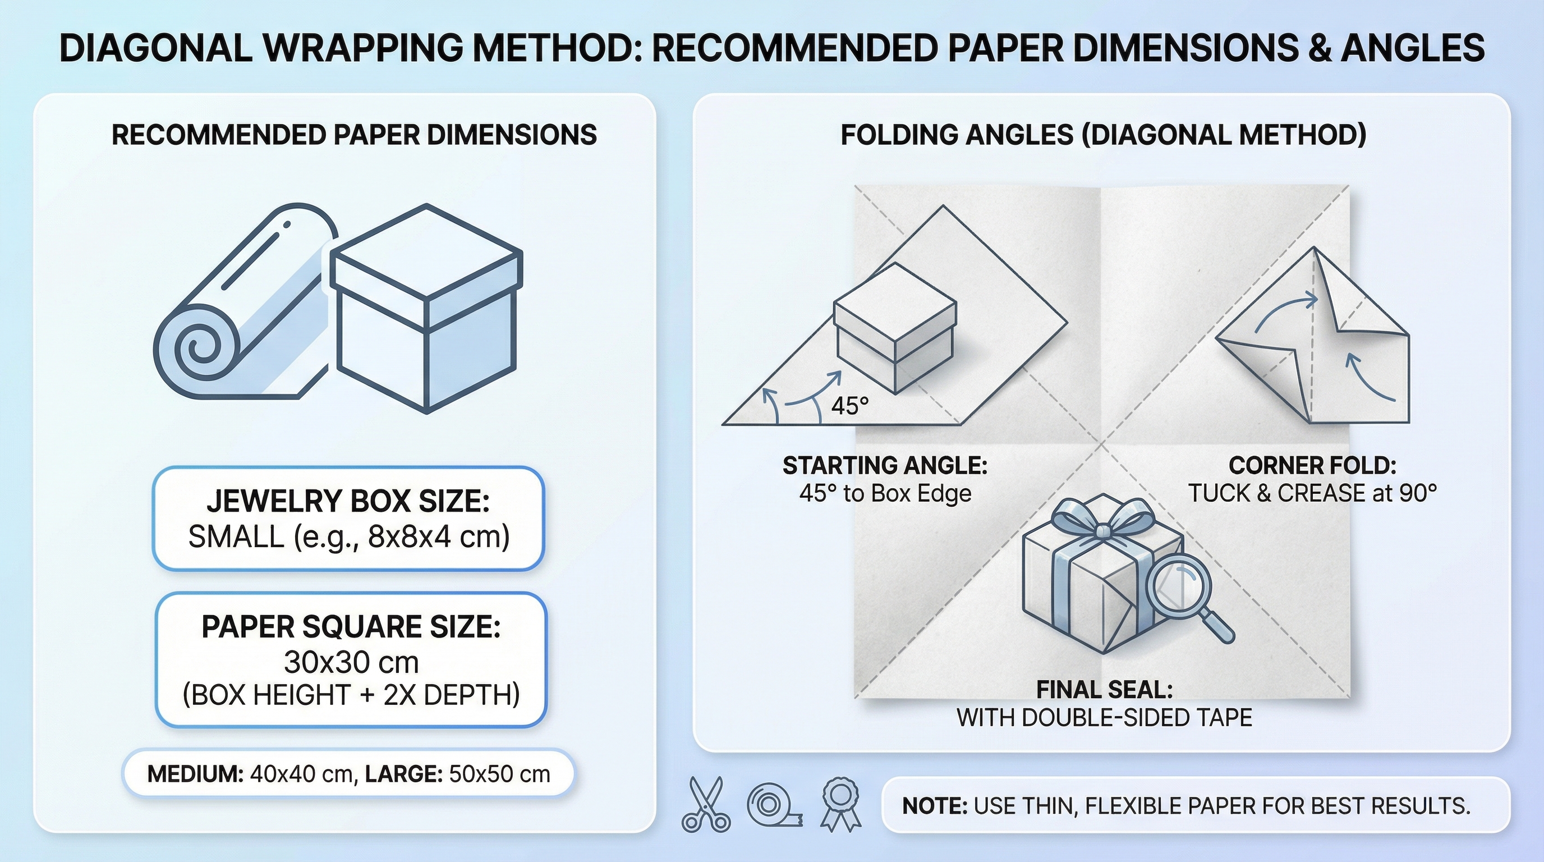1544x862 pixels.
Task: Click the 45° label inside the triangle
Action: [849, 406]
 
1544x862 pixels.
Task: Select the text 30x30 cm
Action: [351, 662]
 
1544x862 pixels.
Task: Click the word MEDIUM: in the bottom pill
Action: [195, 774]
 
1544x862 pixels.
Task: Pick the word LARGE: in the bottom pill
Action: [403, 774]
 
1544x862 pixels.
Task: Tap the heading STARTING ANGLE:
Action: [885, 466]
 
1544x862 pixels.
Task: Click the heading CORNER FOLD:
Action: [1312, 466]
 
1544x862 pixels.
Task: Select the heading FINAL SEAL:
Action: [1104, 690]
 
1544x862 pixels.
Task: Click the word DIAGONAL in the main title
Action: [156, 48]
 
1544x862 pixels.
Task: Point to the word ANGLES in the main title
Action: [1412, 48]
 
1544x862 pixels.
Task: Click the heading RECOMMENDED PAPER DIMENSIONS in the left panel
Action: [353, 135]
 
